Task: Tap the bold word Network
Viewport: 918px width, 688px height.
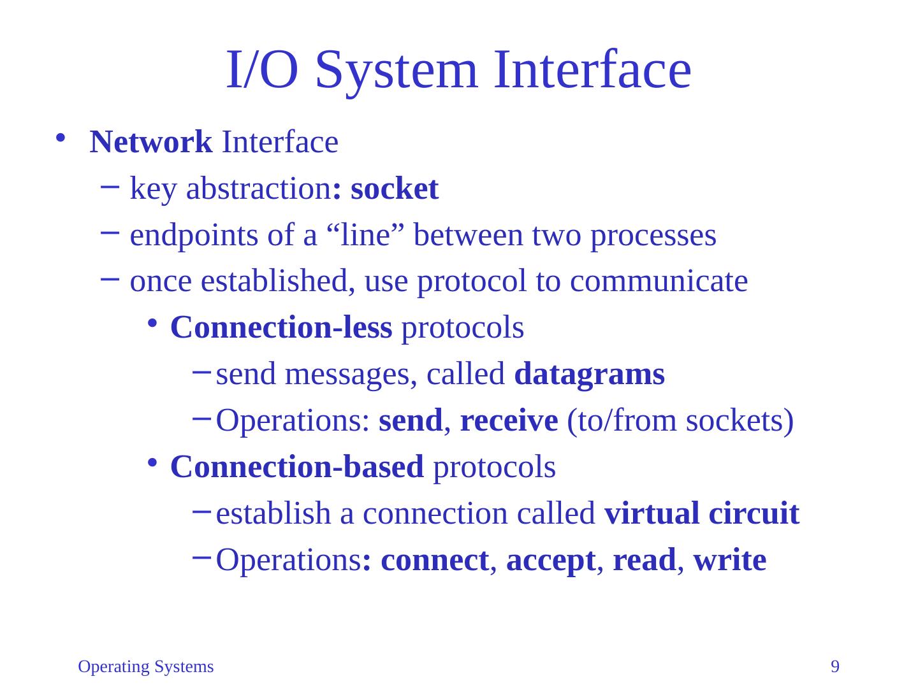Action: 151,142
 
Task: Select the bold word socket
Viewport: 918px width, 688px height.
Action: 395,189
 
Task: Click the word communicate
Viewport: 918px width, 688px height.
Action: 659,282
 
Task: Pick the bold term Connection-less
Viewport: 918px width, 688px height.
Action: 281,328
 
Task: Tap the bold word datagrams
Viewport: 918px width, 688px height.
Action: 589,375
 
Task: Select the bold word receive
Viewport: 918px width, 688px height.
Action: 509,421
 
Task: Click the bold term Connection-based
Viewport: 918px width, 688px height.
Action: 297,468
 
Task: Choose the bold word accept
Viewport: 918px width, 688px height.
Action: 551,561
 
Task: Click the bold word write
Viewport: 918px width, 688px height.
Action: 729,561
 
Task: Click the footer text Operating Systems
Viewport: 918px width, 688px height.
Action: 145,667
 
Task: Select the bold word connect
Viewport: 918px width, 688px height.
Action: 434,561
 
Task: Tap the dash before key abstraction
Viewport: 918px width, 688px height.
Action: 108,187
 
